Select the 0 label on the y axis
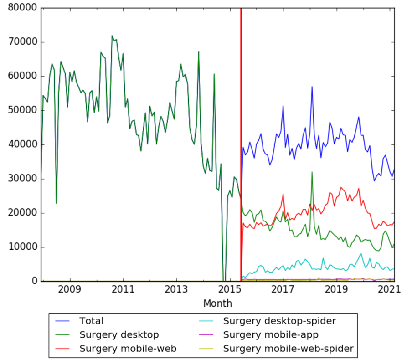pyautogui.click(x=34, y=282)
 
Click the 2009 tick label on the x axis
pyautogui.click(x=70, y=290)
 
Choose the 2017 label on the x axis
pyautogui.click(x=283, y=290)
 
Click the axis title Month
pyautogui.click(x=217, y=303)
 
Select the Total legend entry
pyautogui.click(x=91, y=321)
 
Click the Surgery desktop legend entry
pyautogui.click(x=119, y=335)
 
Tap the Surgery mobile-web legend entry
pyautogui.click(x=128, y=349)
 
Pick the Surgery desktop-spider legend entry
pyautogui.click(x=279, y=321)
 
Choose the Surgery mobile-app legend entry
pyautogui.click(x=270, y=335)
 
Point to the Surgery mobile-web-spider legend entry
pyautogui.click(x=288, y=349)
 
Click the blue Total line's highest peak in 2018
pyautogui.click(x=312, y=87)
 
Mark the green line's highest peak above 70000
pyautogui.click(x=112, y=36)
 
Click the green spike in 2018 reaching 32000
pyautogui.click(x=312, y=172)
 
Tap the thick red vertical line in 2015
pyautogui.click(x=241, y=137)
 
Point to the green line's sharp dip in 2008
pyautogui.click(x=57, y=203)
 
